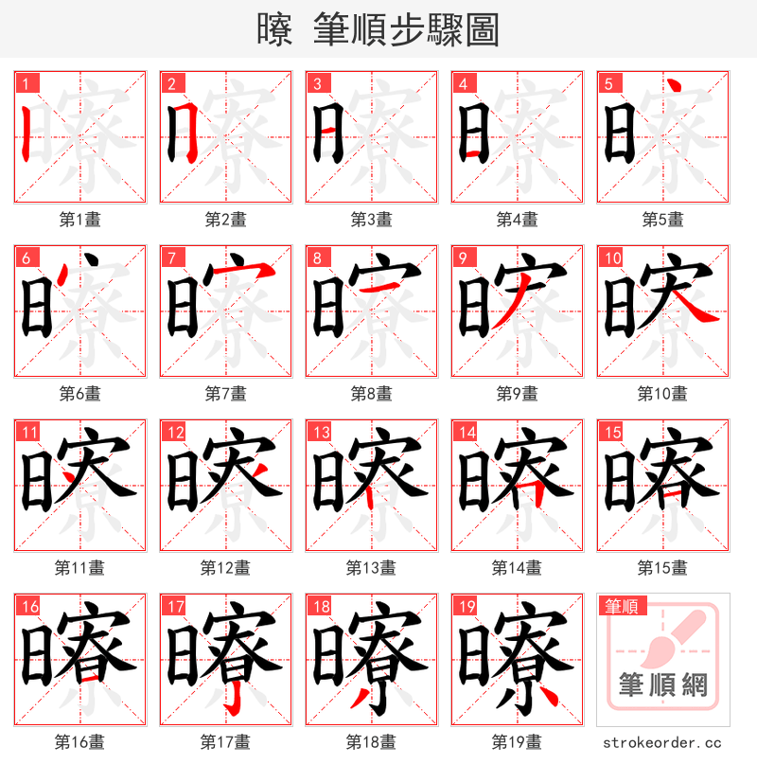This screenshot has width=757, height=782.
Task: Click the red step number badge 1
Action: [25, 83]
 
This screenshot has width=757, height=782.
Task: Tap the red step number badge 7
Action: [170, 258]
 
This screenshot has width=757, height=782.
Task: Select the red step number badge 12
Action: [174, 432]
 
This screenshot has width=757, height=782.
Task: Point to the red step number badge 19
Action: [466, 606]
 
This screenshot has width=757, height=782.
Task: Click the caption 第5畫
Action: [662, 219]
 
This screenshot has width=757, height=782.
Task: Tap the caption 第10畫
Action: [662, 393]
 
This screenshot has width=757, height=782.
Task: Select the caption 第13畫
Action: [371, 567]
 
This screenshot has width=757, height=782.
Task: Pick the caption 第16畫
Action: [79, 741]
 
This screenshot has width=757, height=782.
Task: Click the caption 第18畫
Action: [371, 741]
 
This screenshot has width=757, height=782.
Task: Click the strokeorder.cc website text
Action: [662, 742]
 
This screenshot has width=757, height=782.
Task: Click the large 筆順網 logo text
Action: [662, 684]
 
